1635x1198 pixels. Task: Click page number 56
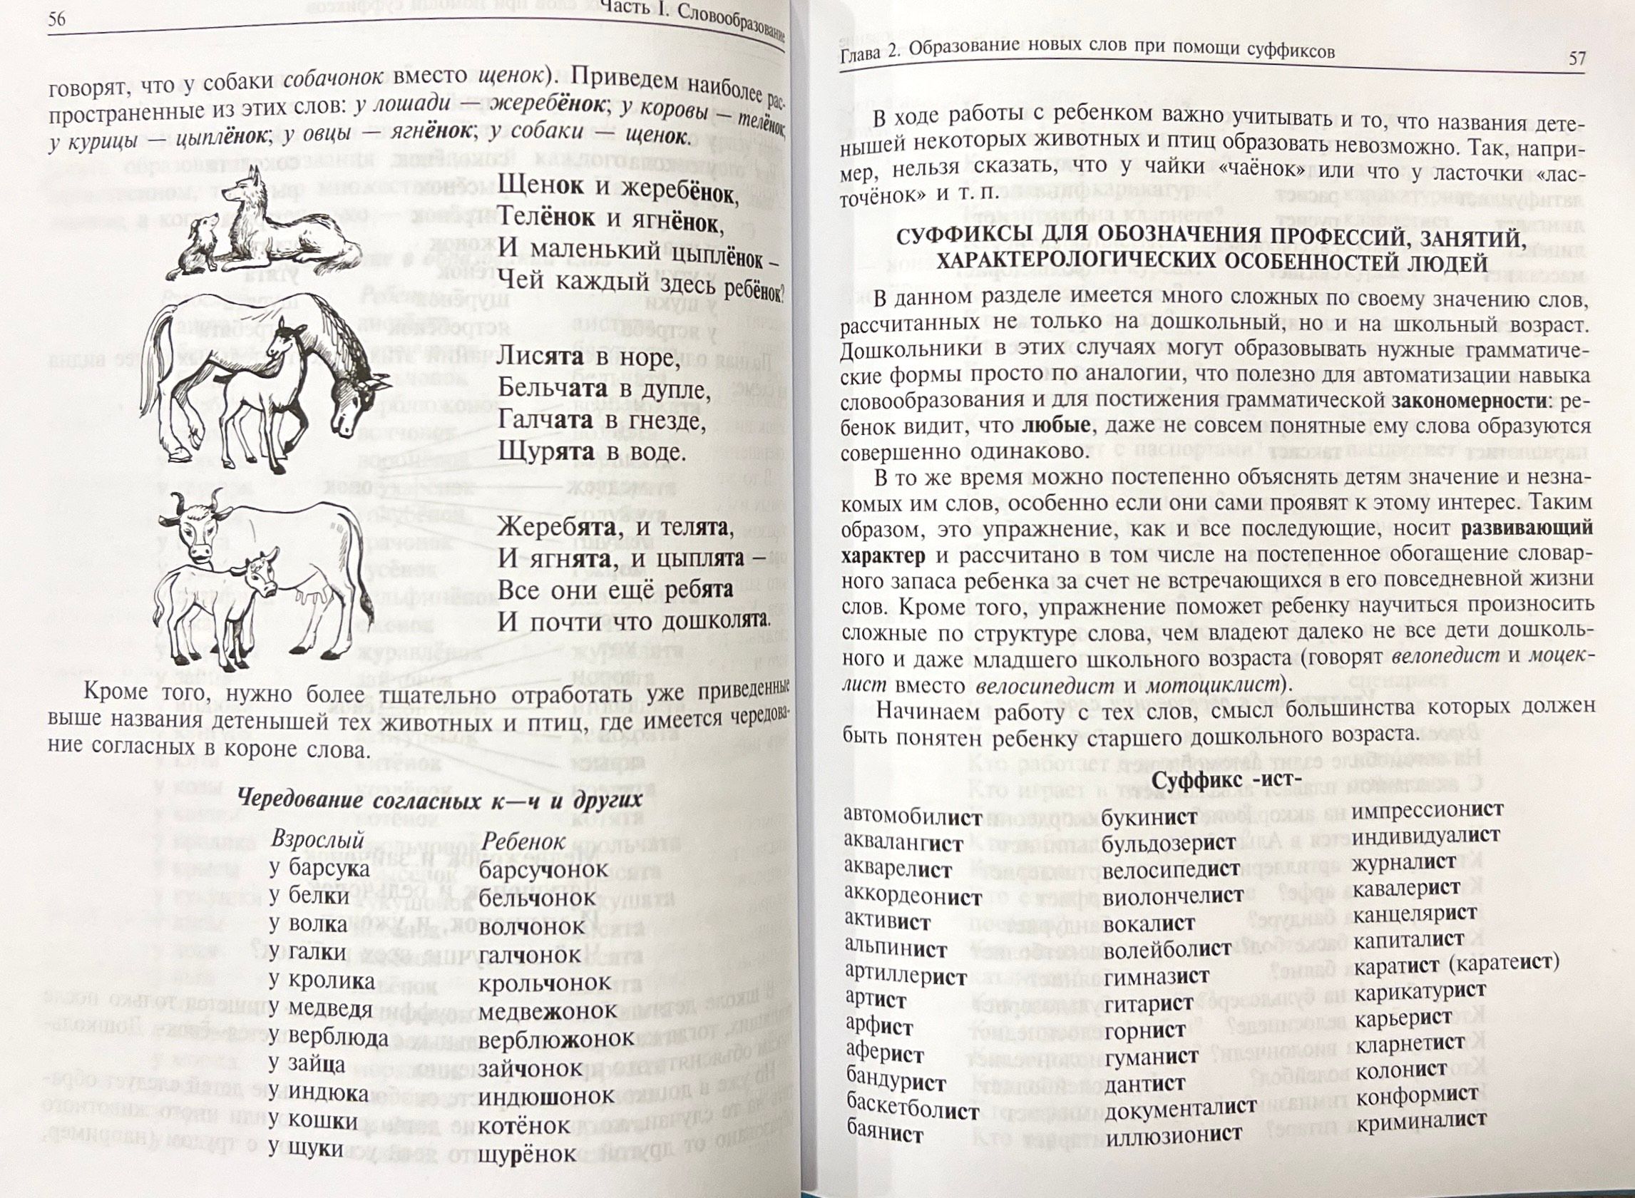[56, 20]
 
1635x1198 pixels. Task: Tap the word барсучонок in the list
[543, 870]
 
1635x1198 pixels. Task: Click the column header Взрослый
[317, 841]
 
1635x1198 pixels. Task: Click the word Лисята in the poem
[540, 357]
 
